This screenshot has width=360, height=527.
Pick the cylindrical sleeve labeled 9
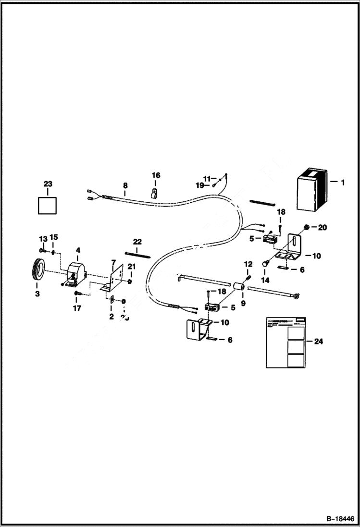[x=239, y=287]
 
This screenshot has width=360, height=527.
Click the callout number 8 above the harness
[x=125, y=185]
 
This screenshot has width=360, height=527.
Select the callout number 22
[x=137, y=241]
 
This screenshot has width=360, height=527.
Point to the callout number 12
[x=248, y=264]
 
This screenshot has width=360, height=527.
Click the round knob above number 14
[x=264, y=264]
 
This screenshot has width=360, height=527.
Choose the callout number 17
[x=77, y=308]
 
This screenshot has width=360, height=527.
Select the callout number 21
[x=131, y=267]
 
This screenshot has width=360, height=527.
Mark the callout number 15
[x=54, y=237]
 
